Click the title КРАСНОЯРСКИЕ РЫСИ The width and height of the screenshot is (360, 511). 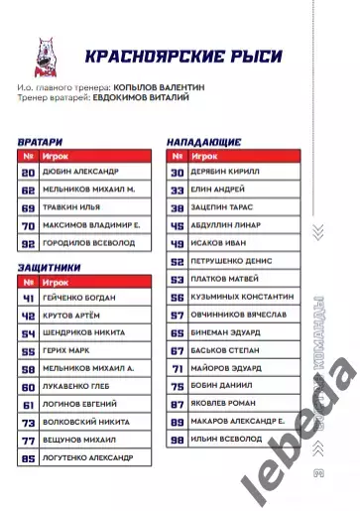[182, 56]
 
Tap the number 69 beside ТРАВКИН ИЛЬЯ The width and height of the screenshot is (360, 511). [28, 208]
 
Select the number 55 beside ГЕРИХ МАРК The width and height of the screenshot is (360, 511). [28, 351]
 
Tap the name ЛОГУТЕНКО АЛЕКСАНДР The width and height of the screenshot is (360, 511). [90, 458]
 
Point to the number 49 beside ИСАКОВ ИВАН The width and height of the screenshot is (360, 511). [178, 244]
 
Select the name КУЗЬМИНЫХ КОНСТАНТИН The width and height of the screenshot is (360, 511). [244, 298]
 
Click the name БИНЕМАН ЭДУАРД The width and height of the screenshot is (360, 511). [229, 333]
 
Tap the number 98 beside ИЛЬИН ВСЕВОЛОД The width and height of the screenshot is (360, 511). [178, 441]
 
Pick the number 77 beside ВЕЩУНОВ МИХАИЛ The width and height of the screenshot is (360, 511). [28, 441]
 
